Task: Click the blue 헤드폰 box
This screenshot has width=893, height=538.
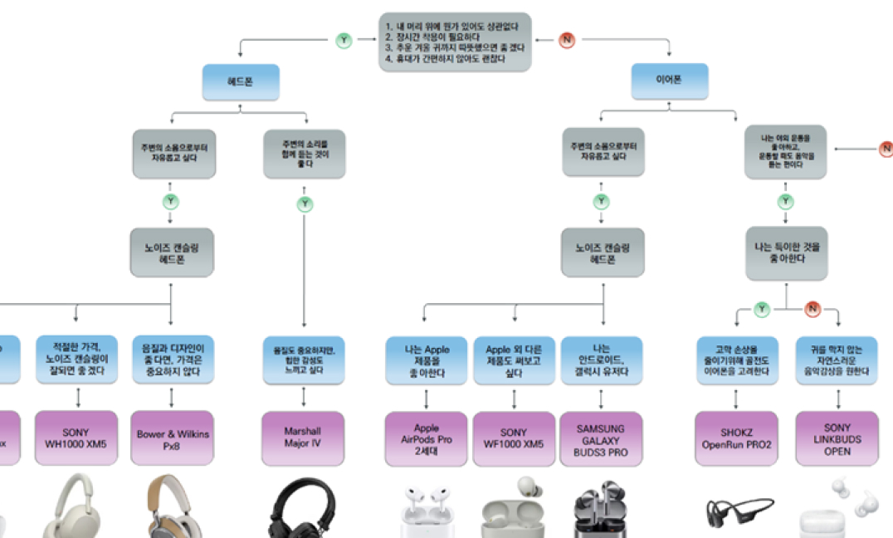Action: (x=241, y=82)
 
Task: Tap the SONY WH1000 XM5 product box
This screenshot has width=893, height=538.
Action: (x=76, y=438)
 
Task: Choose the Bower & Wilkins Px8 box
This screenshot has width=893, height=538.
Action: (x=173, y=438)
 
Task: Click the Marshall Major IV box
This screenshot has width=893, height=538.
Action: (x=303, y=438)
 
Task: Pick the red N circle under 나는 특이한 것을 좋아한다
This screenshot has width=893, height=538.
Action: (x=812, y=310)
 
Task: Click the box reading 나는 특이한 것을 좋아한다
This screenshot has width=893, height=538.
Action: (x=785, y=252)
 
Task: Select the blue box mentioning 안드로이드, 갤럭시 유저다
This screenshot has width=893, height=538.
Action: (x=602, y=360)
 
